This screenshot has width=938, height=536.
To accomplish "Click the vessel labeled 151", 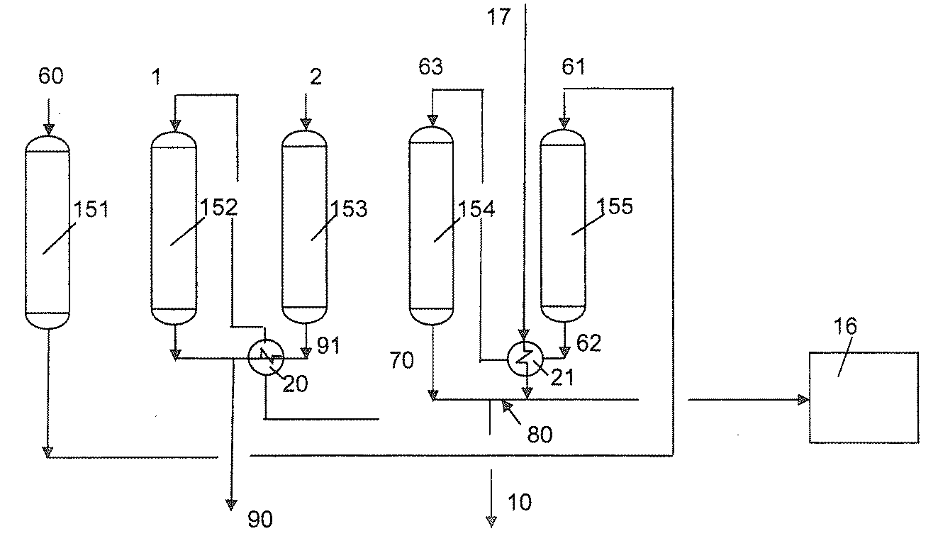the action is (x=48, y=233).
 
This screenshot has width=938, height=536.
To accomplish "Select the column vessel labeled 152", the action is (x=174, y=228).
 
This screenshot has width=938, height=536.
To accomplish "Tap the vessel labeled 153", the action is (x=304, y=227).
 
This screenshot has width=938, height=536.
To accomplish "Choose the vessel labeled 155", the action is (x=563, y=225).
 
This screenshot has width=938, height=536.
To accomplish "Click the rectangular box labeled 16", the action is (x=864, y=398).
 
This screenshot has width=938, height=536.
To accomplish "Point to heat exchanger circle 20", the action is (x=266, y=357).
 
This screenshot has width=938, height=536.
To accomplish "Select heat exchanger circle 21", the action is (x=525, y=359).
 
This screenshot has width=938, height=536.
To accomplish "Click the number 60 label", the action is (x=50, y=76).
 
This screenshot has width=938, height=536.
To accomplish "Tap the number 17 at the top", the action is (x=498, y=17).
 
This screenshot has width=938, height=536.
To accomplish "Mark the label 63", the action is (x=430, y=67).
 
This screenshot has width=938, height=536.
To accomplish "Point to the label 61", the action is (x=574, y=67).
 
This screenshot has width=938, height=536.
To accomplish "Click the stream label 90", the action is (x=260, y=519).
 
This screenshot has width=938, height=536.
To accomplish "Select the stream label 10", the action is (x=520, y=502).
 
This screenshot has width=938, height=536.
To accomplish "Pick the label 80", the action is (x=540, y=434).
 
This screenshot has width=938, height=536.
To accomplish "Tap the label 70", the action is (x=401, y=360).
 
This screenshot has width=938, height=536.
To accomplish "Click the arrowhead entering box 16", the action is (x=803, y=400).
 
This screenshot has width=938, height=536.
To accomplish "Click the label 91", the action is (x=328, y=345).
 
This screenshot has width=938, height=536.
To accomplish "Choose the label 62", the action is (x=588, y=343).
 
